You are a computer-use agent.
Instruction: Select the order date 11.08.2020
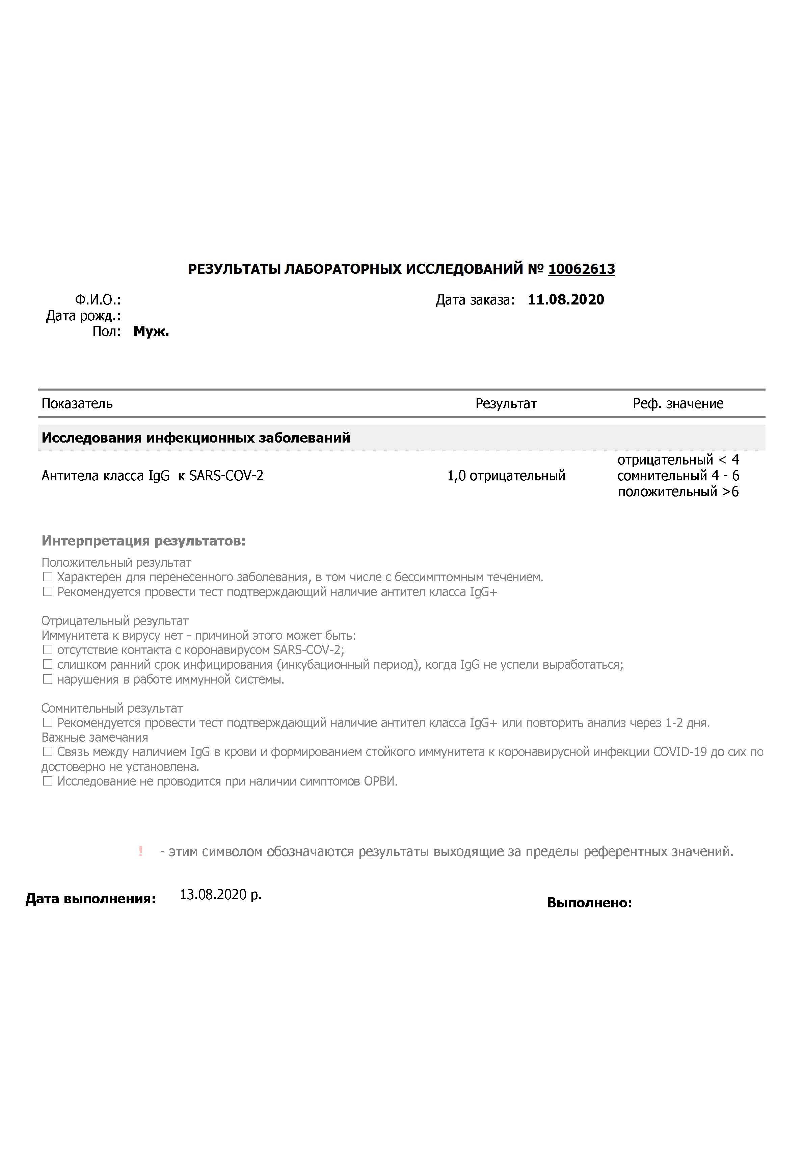point(566,300)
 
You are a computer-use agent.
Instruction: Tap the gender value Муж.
point(151,331)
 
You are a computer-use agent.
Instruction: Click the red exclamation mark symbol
point(140,852)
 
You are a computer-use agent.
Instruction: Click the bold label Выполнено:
point(589,903)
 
